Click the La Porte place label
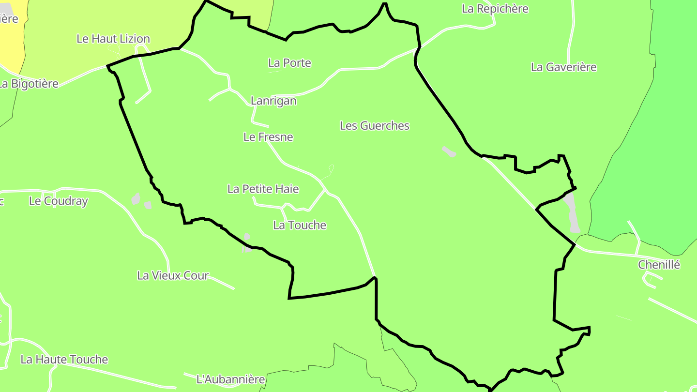(x=289, y=63)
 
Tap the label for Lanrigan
(x=273, y=101)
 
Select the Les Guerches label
(x=374, y=126)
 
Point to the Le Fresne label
(x=268, y=137)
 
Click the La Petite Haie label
(x=263, y=189)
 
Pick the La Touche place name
(x=300, y=225)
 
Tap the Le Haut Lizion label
(x=113, y=39)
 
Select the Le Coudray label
(x=58, y=201)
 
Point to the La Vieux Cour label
(x=173, y=275)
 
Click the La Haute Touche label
(x=64, y=360)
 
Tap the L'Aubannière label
(x=230, y=379)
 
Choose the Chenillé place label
(x=659, y=265)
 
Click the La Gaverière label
(x=563, y=67)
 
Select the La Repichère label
(x=495, y=9)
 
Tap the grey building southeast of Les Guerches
(x=449, y=152)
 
